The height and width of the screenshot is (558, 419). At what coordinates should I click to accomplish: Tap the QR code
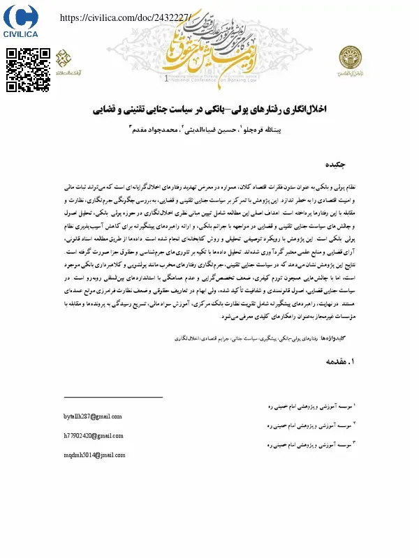tap(29, 70)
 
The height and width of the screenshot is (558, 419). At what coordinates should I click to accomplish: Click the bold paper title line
tap(209, 110)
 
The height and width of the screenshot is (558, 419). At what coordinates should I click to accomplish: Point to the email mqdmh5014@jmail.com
tap(94, 455)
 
